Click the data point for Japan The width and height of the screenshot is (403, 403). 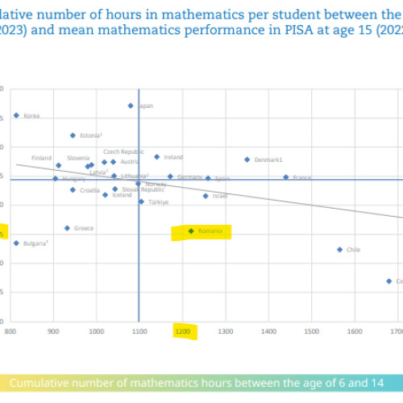pyautogui.click(x=131, y=106)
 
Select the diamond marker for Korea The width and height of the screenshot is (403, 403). pyautogui.click(x=16, y=115)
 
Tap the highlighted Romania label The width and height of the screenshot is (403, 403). pyautogui.click(x=214, y=231)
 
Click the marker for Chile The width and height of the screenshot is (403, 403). pyautogui.click(x=340, y=249)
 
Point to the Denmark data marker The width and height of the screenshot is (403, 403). pyautogui.click(x=247, y=160)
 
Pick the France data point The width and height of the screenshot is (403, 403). pyautogui.click(x=285, y=177)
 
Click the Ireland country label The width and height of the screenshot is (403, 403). pyautogui.click(x=173, y=157)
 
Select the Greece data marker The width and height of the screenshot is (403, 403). pyautogui.click(x=67, y=228)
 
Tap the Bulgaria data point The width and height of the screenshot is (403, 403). pyautogui.click(x=16, y=243)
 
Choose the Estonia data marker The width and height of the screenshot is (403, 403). pyautogui.click(x=73, y=135)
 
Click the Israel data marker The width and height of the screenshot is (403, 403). pyautogui.click(x=206, y=196)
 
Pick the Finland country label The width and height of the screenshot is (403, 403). pyautogui.click(x=41, y=158)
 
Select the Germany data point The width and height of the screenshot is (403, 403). pyautogui.click(x=170, y=177)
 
